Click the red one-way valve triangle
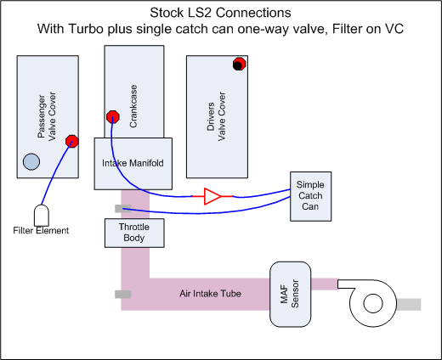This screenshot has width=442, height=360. (x=212, y=197)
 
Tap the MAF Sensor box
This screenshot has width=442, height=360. (x=292, y=292)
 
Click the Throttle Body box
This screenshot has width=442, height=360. (x=127, y=233)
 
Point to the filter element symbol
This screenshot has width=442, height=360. (x=42, y=213)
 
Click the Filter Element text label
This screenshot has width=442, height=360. (x=42, y=230)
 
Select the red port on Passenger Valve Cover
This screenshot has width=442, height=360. (x=72, y=142)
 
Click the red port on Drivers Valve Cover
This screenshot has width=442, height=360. (x=240, y=65)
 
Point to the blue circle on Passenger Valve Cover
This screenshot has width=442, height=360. (x=31, y=161)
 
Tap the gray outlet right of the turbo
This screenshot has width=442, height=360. (x=410, y=304)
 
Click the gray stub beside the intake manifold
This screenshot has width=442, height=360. (x=120, y=209)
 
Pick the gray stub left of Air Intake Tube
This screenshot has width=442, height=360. (x=122, y=294)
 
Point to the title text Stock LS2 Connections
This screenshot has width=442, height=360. (x=222, y=13)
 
